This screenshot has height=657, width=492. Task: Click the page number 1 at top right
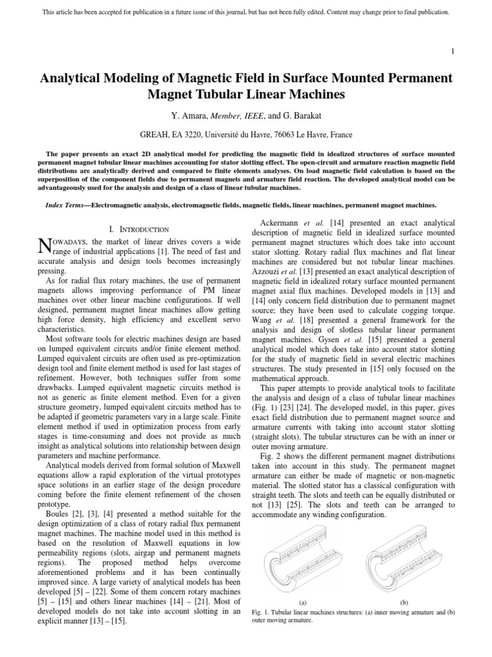[453, 51]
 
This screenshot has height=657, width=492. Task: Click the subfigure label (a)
[302, 603]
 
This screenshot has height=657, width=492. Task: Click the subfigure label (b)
[404, 603]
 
